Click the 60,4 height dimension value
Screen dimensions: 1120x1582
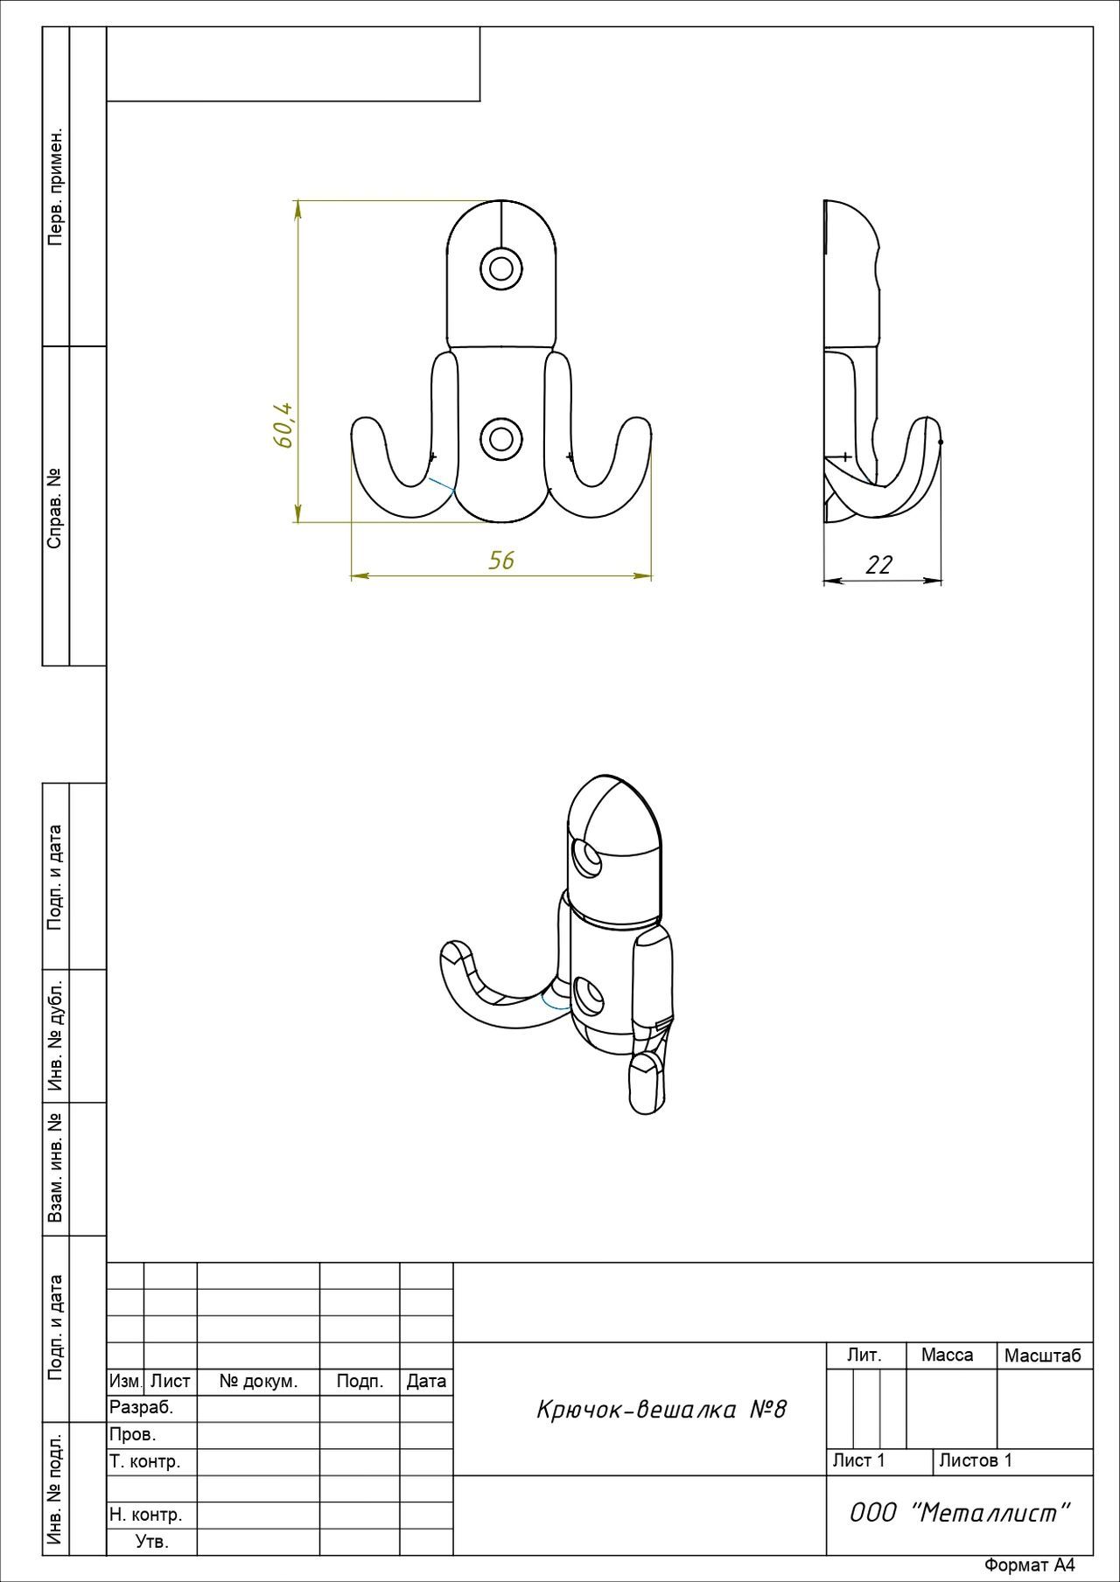pos(283,426)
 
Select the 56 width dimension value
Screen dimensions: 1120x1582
pos(501,560)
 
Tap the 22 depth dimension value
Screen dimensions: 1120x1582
pos(878,565)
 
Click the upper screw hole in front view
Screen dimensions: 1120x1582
pos(501,267)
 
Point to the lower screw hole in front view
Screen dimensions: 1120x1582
pos(501,437)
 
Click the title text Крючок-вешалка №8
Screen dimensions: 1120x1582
pos(661,1409)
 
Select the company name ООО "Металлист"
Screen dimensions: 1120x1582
pos(960,1512)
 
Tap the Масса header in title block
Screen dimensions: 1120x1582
pos(947,1355)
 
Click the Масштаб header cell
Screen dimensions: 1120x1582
pos(1043,1356)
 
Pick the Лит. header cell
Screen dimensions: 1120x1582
pos(864,1355)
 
